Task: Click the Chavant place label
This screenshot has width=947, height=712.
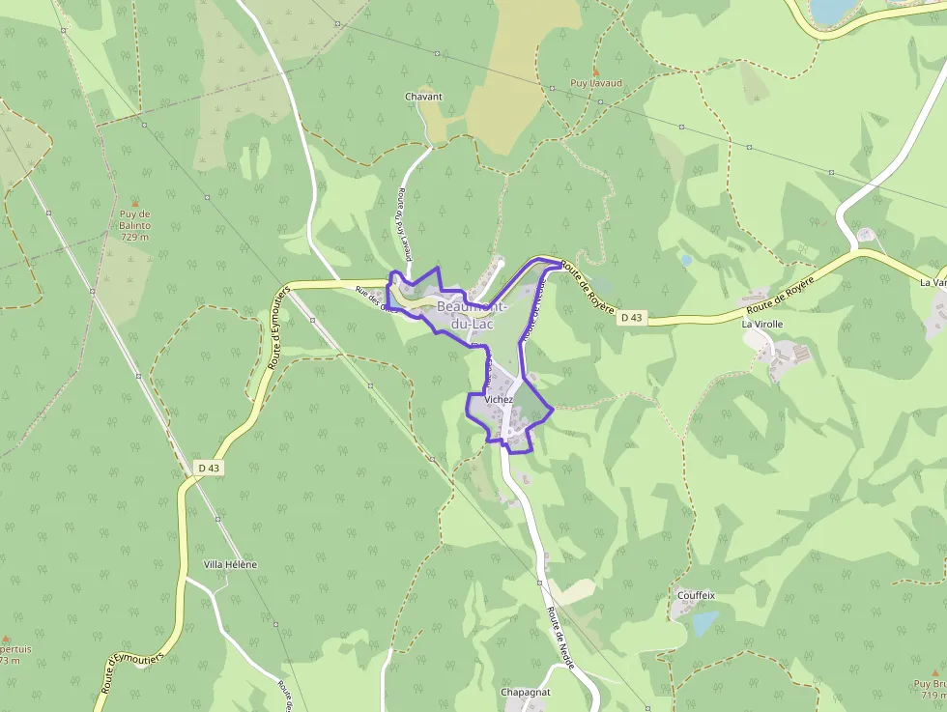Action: (424, 97)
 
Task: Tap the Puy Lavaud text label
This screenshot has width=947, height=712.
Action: (595, 84)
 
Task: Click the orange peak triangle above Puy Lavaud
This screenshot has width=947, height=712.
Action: (595, 71)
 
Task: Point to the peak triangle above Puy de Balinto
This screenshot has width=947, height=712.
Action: (135, 203)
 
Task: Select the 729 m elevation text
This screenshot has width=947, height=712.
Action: (135, 237)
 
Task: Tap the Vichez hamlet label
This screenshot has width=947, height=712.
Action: (500, 399)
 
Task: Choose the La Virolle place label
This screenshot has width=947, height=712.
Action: (761, 325)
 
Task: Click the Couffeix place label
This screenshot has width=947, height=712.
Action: (696, 595)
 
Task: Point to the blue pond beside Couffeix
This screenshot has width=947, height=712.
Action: (705, 622)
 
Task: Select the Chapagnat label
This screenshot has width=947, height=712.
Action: (526, 693)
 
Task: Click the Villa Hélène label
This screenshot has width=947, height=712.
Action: (231, 564)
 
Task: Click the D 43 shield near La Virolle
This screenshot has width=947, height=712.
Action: (631, 317)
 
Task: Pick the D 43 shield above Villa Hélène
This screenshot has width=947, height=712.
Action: (209, 468)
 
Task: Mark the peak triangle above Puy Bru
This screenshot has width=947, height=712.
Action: (933, 671)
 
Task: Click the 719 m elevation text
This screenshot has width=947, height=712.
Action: (933, 695)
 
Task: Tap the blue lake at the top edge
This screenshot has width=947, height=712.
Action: (831, 10)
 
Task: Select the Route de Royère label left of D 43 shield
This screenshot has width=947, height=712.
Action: (588, 284)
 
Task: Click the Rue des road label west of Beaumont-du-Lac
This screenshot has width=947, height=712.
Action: (376, 299)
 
